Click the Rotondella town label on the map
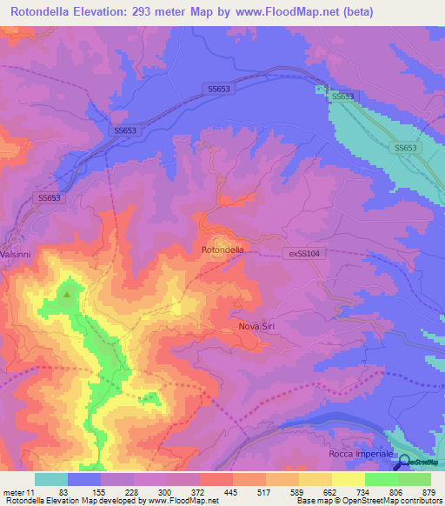tap(222, 250)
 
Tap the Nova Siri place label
tap(259, 327)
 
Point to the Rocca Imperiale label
tap(361, 455)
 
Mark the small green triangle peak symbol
tap(67, 294)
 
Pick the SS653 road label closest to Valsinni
tap(50, 198)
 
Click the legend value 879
tap(429, 492)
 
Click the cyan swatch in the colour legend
tap(50, 479)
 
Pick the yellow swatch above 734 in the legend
tap(348, 479)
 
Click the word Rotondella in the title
tap(48, 11)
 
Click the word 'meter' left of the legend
tap(15, 492)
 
